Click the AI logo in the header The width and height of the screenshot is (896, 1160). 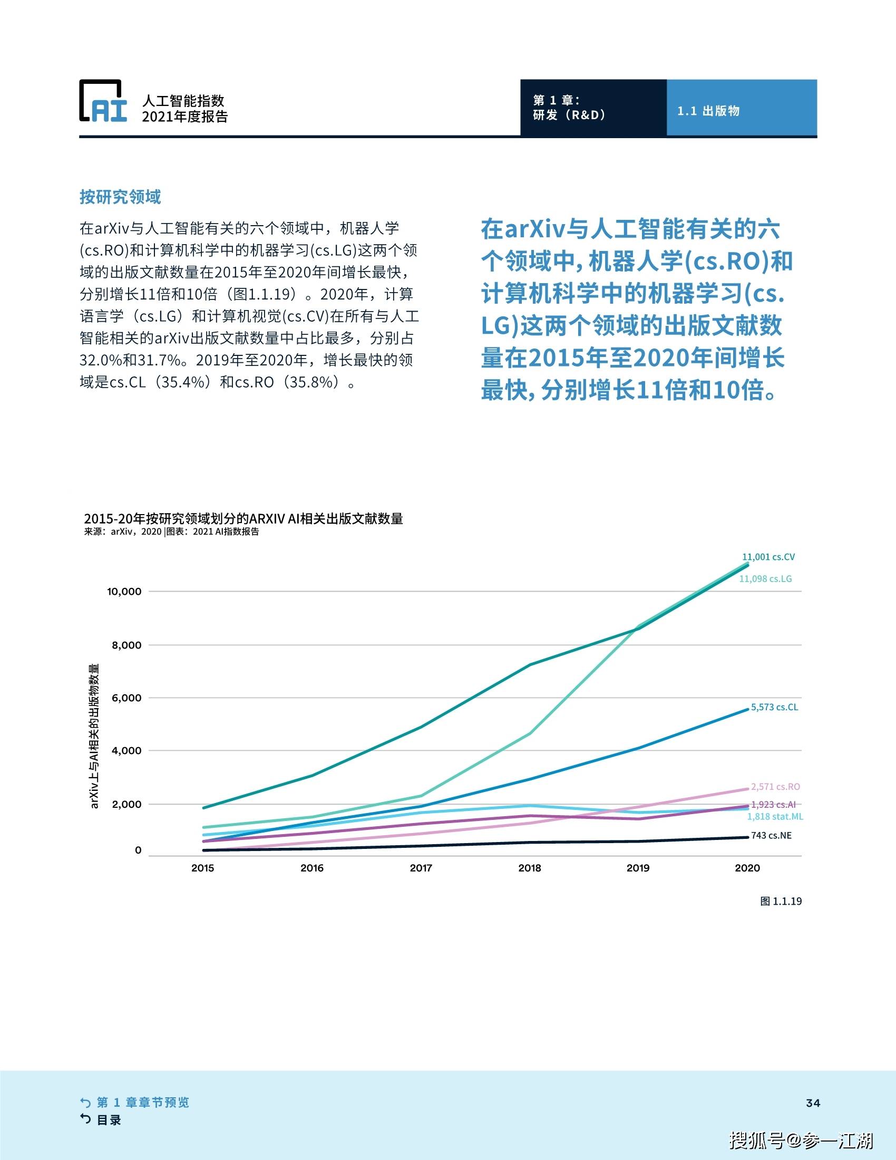[103, 101]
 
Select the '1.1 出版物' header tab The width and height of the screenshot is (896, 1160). [708, 111]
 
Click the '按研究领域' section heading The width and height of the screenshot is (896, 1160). [120, 197]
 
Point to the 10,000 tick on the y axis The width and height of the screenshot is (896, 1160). [124, 591]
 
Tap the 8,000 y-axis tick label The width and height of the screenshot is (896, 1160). [127, 645]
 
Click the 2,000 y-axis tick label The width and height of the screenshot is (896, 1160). [127, 804]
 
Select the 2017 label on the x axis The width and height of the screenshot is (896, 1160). [421, 868]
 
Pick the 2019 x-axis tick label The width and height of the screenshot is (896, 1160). [638, 868]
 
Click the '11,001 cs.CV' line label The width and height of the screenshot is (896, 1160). [768, 557]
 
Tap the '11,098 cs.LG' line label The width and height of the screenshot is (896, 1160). [765, 579]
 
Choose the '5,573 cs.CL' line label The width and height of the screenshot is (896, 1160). [774, 708]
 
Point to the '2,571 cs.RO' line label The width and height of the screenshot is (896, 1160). [775, 787]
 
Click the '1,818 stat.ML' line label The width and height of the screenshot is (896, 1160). [775, 817]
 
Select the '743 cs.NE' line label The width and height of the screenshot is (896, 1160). [771, 836]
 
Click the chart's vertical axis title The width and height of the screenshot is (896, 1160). [94, 736]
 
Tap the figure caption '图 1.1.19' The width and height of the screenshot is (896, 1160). [781, 901]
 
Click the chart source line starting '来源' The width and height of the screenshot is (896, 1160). [171, 531]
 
